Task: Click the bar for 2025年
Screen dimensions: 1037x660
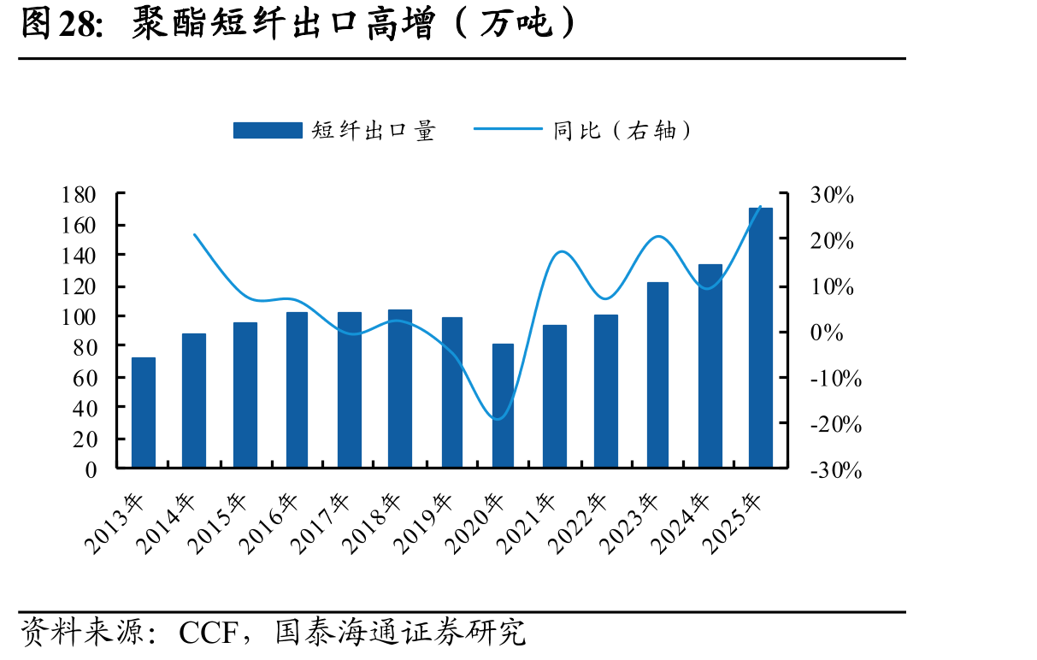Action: pyautogui.click(x=761, y=338)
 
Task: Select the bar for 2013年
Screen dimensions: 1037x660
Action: pyautogui.click(x=144, y=412)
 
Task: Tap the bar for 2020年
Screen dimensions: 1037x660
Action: pyautogui.click(x=503, y=405)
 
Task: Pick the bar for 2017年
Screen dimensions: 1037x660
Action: pyautogui.click(x=350, y=390)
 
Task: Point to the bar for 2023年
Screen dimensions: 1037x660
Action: pyautogui.click(x=657, y=375)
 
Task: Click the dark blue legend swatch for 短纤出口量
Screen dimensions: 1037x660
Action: pyautogui.click(x=268, y=130)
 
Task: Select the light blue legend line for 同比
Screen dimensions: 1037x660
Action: pyautogui.click(x=508, y=129)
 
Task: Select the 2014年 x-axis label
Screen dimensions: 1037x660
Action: pyautogui.click(x=167, y=523)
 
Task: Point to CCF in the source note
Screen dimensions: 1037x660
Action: pyautogui.click(x=209, y=633)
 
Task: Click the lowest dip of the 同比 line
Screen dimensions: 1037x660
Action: pyautogui.click(x=498, y=419)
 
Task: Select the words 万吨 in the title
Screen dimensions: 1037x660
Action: pyautogui.click(x=516, y=24)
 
